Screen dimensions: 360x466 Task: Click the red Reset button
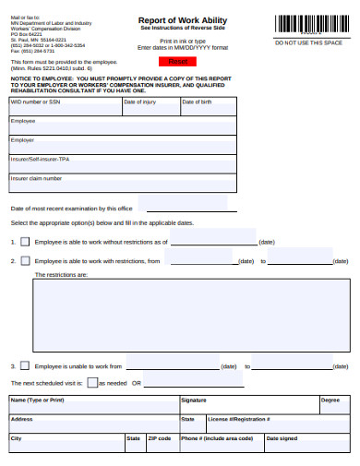pyautogui.click(x=178, y=61)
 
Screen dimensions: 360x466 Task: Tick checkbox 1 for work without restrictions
pyautogui.click(x=26, y=242)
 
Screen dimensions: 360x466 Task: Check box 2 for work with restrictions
pyautogui.click(x=26, y=261)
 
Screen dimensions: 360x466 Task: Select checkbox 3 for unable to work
pyautogui.click(x=26, y=366)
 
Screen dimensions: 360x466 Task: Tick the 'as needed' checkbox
pyautogui.click(x=93, y=382)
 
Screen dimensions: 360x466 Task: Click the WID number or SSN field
pyautogui.click(x=65, y=107)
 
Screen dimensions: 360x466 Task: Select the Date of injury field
pyautogui.click(x=150, y=107)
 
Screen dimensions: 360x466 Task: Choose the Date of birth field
pyautogui.click(x=206, y=107)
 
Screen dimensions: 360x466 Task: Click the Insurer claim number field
pyautogui.click(x=120, y=183)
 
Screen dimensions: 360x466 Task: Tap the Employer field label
pyautogui.click(x=23, y=139)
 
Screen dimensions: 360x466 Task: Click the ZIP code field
pyautogui.click(x=162, y=442)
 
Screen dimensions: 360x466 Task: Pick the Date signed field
pyautogui.click(x=307, y=442)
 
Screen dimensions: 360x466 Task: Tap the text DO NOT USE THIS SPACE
pyautogui.click(x=308, y=43)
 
